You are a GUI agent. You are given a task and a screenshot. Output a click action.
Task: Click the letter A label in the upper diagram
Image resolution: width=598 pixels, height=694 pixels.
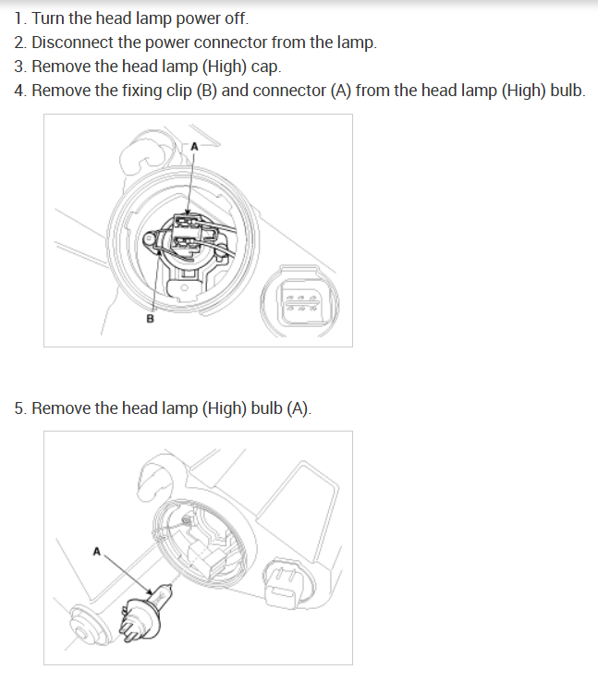(x=194, y=146)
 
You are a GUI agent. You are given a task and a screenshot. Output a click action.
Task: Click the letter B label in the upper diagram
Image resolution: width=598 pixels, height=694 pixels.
(x=150, y=319)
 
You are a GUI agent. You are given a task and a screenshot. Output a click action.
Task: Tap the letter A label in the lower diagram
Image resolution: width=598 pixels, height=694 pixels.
(x=96, y=552)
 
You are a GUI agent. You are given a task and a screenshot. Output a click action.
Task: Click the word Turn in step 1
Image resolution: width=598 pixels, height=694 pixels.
(x=47, y=18)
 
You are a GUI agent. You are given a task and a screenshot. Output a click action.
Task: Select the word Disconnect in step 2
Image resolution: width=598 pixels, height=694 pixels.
(x=72, y=43)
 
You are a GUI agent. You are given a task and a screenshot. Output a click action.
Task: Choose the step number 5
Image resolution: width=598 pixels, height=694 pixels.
(x=19, y=408)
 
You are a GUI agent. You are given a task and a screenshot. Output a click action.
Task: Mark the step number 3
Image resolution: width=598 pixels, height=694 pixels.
(x=19, y=67)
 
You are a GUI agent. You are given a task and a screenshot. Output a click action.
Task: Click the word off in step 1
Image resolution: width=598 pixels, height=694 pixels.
(x=235, y=18)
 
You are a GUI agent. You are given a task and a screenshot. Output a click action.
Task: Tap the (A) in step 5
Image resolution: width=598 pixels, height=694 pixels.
(x=299, y=408)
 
